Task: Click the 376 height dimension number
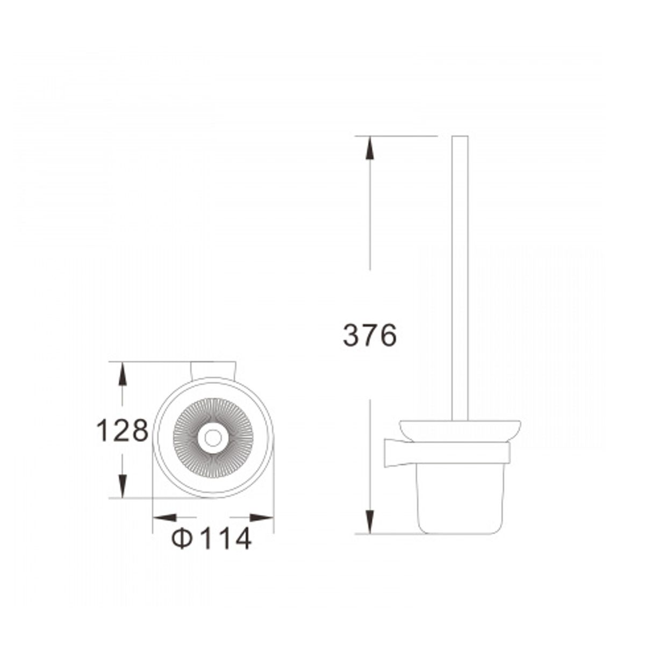tap(369, 335)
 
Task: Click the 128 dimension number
tap(122, 431)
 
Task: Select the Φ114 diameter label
tap(211, 538)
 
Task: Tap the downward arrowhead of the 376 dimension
tap(369, 521)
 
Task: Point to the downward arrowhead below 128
tap(123, 486)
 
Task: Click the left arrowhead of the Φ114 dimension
tap(164, 518)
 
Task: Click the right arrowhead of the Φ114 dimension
tap(262, 518)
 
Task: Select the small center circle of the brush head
tap(213, 438)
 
